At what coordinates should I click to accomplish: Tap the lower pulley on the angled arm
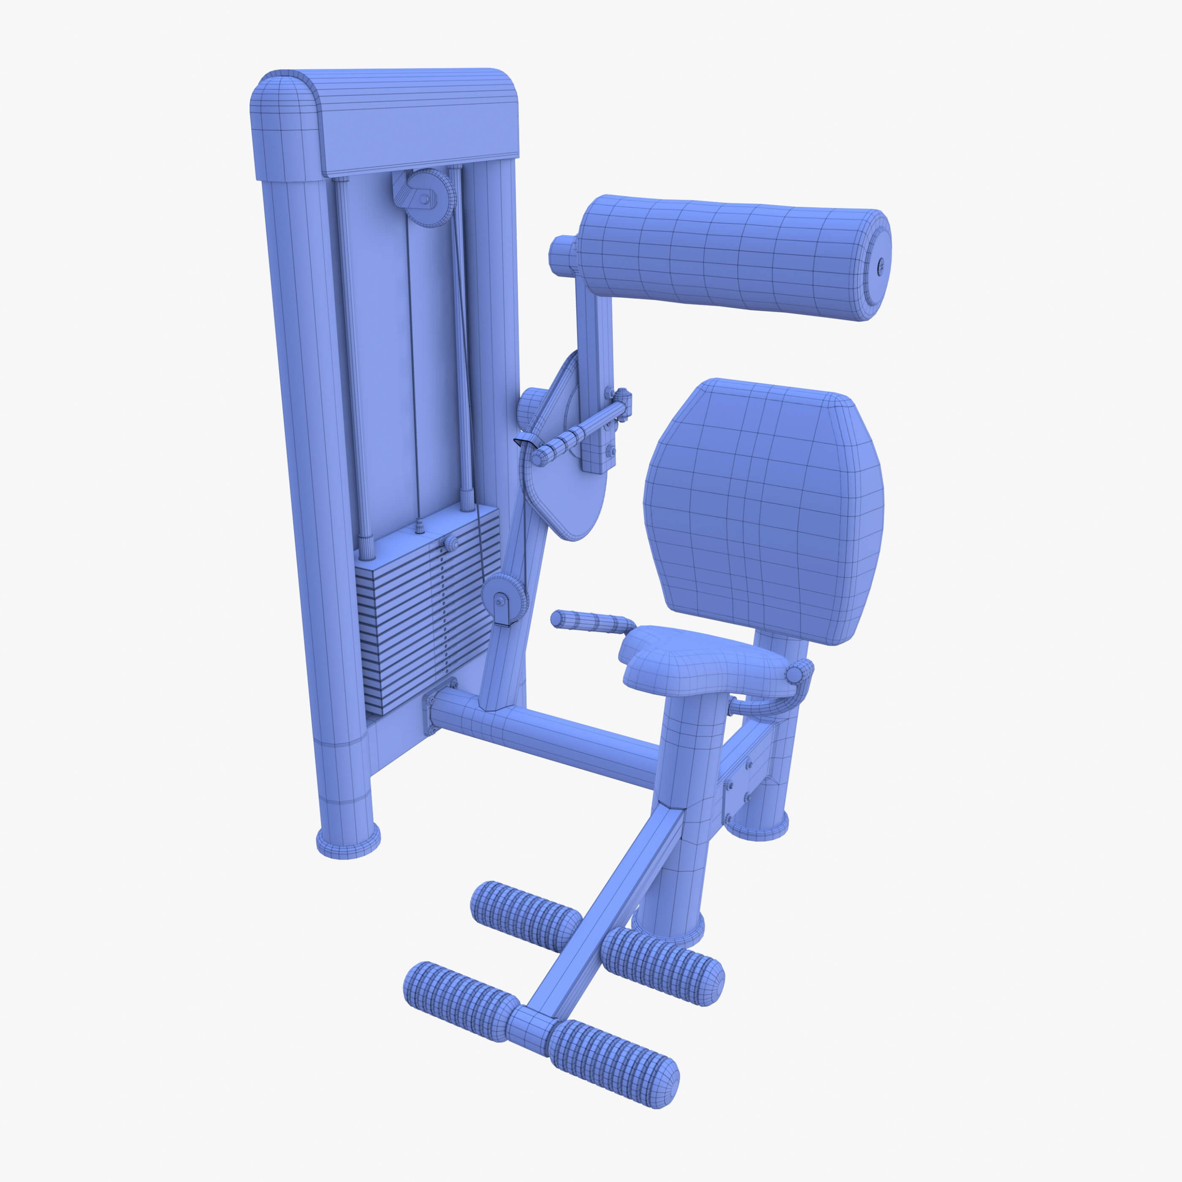(x=504, y=599)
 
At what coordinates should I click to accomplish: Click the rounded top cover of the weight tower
(x=385, y=122)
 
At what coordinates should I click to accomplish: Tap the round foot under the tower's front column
(x=347, y=843)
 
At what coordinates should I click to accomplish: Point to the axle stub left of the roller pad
(x=564, y=256)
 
